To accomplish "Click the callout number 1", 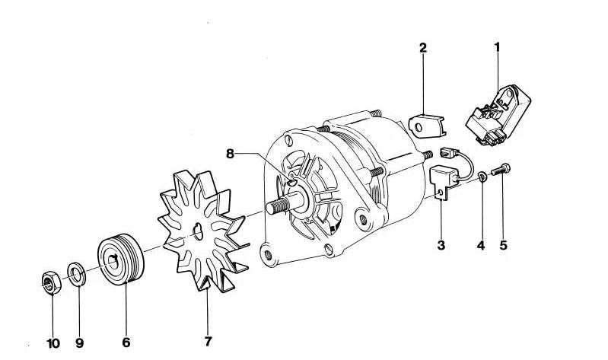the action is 497,47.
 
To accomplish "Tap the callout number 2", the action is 422,48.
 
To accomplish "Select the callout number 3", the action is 441,245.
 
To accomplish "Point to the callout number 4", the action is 481,245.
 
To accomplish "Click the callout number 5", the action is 503,245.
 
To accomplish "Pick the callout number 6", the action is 126,342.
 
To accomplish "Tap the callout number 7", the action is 209,342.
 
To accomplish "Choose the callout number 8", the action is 231,154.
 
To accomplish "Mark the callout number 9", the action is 79,343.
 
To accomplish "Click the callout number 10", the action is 53,343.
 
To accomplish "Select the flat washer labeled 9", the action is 77,274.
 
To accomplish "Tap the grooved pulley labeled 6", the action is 120,260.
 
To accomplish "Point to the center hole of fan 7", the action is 198,232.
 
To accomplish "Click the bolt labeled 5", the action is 501,170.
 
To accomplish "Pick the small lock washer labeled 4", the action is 482,177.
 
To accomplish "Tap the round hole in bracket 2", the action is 418,127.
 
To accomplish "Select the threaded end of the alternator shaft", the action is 278,205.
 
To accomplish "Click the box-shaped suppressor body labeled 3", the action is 442,182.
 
